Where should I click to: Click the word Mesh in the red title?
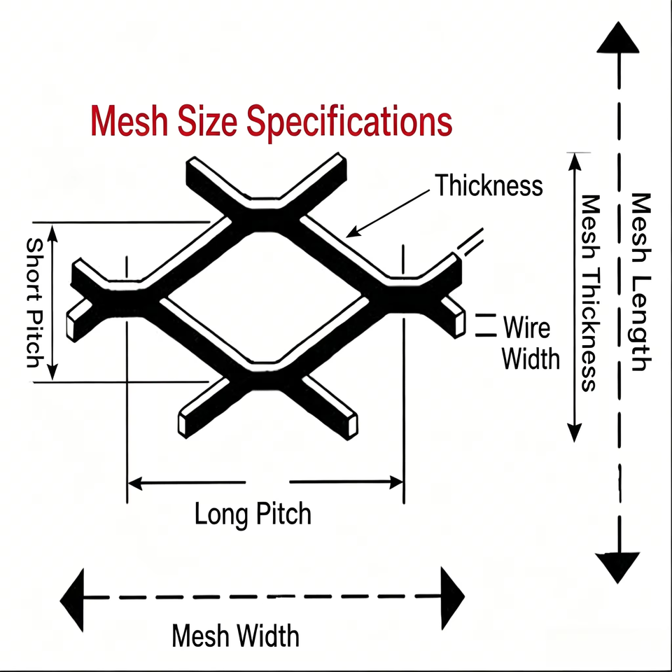pos(129,121)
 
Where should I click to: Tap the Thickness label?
pos(489,185)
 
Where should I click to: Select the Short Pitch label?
pos(35,302)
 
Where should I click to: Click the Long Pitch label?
pos(253,514)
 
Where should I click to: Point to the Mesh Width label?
pos(235,636)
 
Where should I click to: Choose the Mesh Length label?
pos(641,282)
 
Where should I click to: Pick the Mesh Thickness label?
pos(590,293)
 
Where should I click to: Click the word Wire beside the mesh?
pos(526,328)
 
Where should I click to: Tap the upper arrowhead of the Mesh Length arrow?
pos(618,38)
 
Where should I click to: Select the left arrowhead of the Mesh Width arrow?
pos(72,600)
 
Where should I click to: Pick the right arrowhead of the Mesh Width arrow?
pos(453,598)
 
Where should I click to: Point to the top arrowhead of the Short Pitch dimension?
pos(52,232)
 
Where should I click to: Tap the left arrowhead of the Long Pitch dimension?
pos(134,484)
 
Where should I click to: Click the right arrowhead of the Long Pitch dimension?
pos(396,482)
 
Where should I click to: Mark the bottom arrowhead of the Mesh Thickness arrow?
pos(574,433)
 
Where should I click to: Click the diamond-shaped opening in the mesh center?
pos(265,296)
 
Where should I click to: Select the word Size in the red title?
pos(207,121)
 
